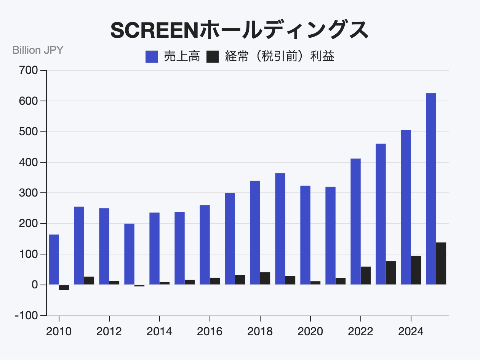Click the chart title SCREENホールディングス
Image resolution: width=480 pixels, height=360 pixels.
[240, 30]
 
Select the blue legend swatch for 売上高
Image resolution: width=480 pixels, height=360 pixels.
[152, 57]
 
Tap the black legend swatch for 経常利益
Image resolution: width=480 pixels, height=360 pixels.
[213, 57]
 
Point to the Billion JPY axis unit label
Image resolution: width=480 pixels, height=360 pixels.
[38, 50]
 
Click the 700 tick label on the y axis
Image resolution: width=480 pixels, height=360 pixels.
[29, 70]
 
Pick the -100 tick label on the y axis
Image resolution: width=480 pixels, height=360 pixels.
[27, 315]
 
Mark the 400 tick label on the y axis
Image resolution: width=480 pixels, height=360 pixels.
[29, 162]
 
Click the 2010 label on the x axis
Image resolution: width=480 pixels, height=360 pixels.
[59, 332]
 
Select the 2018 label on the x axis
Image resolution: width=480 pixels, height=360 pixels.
[260, 332]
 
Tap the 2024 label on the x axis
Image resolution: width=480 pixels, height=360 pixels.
[411, 332]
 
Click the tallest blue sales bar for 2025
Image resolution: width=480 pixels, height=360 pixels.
[431, 189]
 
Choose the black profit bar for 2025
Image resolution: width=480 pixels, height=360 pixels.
[441, 264]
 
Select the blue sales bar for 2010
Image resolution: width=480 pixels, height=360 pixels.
[54, 259]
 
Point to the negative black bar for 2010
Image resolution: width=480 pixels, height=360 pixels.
[64, 288]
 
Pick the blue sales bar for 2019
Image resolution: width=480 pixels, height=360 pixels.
[280, 229]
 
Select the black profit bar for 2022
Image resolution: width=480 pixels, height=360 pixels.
[366, 275]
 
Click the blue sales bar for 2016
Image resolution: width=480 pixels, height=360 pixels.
[205, 245]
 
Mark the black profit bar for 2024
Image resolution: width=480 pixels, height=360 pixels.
[416, 270]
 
